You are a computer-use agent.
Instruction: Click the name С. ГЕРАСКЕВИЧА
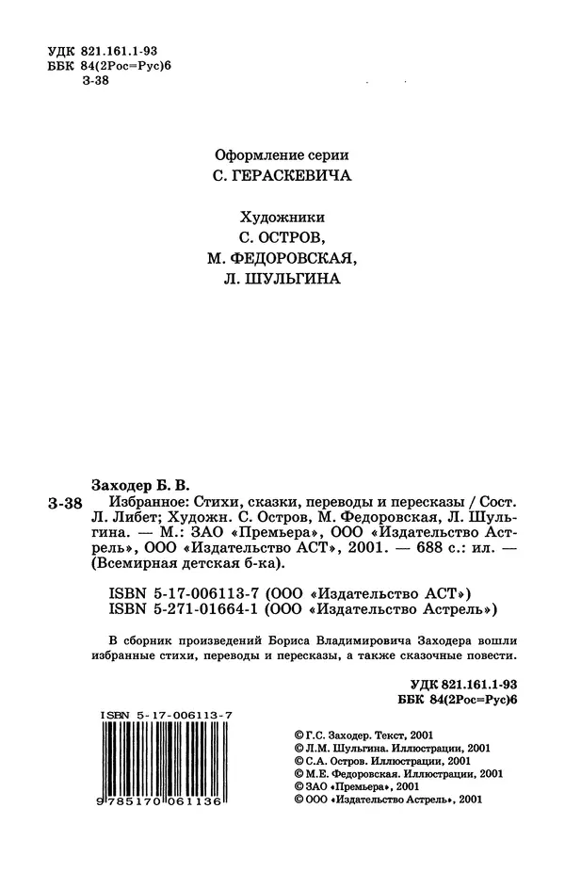282,176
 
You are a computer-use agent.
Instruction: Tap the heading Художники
282,213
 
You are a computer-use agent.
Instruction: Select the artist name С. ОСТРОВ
282,234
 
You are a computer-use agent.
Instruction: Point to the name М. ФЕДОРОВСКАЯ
282,256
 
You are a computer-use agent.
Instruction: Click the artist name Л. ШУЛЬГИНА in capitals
282,279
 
